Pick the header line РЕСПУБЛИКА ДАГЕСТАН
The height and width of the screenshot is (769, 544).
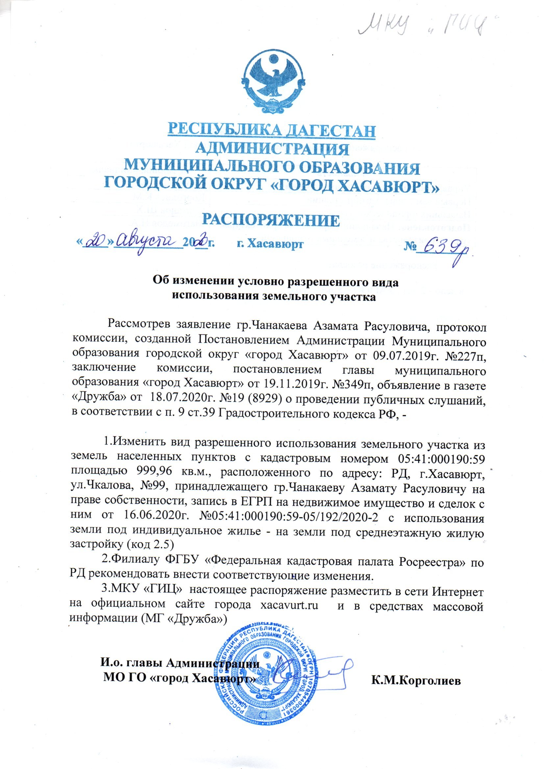[272, 131]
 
